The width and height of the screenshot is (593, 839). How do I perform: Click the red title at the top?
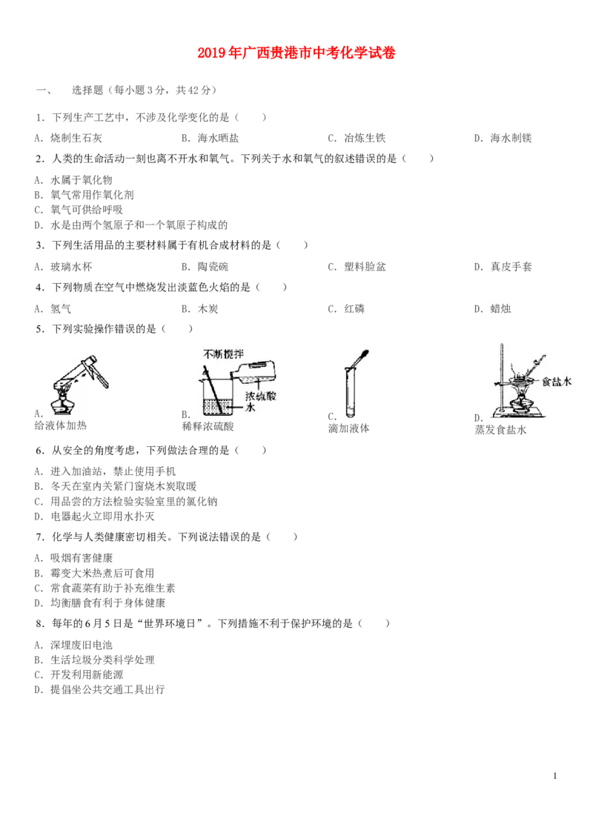tap(296, 53)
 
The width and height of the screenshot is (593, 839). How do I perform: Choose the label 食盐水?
tap(557, 381)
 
